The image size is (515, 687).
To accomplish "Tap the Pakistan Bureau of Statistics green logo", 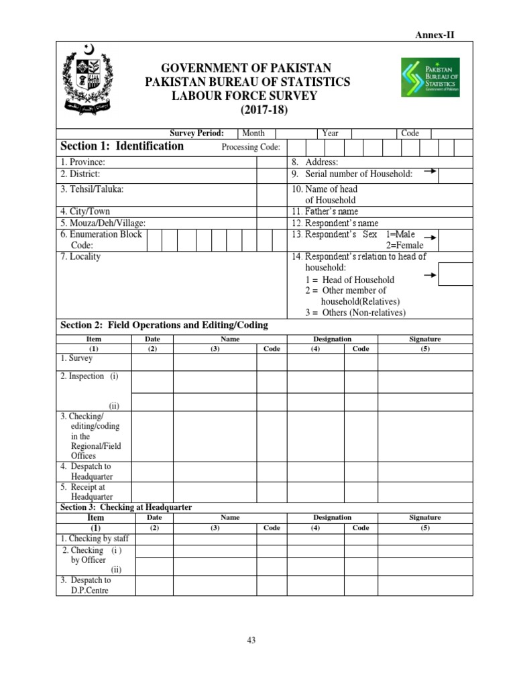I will pos(430,77).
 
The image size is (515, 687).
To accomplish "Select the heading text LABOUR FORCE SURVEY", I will pos(245,96).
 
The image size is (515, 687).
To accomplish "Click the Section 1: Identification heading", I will pos(122,146).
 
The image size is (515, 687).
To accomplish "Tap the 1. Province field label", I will pos(83,162).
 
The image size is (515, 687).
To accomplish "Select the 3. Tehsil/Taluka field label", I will pos(92,189).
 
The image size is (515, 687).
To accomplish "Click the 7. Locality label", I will pos(80,256).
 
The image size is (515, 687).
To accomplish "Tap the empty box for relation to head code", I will pos(455,274).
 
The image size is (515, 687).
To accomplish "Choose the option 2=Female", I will pos(401,245).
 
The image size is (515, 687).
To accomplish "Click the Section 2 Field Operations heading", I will pos(164,325).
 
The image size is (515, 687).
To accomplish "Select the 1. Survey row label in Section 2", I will pos(76,359).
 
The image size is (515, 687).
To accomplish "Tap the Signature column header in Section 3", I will pos(424,517).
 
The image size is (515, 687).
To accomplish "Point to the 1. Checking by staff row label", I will pos(95,539).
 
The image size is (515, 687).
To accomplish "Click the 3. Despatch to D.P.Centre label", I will pos(91,585).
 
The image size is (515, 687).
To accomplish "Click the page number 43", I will pos(251,640).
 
